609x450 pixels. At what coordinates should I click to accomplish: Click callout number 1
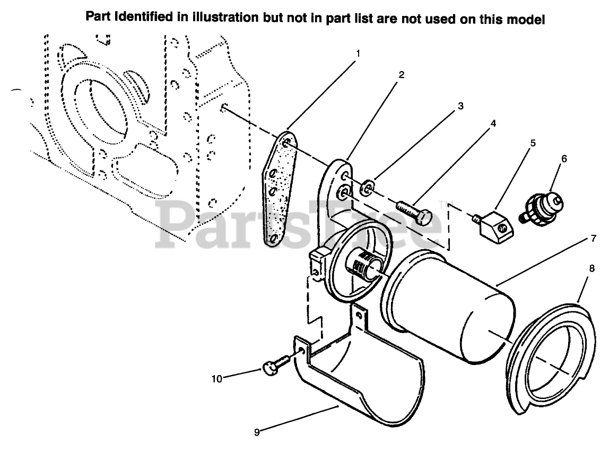point(358,53)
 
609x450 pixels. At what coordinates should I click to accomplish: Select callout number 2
point(402,75)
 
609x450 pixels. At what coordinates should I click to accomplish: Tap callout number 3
point(460,106)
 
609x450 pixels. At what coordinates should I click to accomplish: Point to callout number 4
point(493,123)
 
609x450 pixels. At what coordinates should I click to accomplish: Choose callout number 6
point(564,158)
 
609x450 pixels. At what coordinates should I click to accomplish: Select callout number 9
point(257,432)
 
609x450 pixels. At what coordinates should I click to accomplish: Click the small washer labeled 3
point(368,187)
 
